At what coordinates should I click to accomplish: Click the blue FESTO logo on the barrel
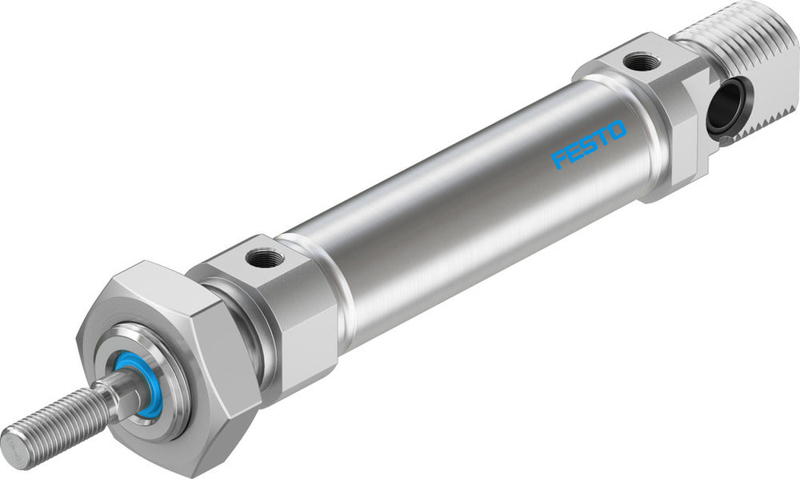(x=588, y=144)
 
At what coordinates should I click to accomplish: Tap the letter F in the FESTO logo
(x=559, y=159)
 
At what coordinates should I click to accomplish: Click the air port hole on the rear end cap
(x=641, y=61)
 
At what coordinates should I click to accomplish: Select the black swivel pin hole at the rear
(x=726, y=107)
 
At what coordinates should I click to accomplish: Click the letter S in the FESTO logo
(x=588, y=144)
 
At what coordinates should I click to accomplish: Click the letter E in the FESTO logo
(x=574, y=151)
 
